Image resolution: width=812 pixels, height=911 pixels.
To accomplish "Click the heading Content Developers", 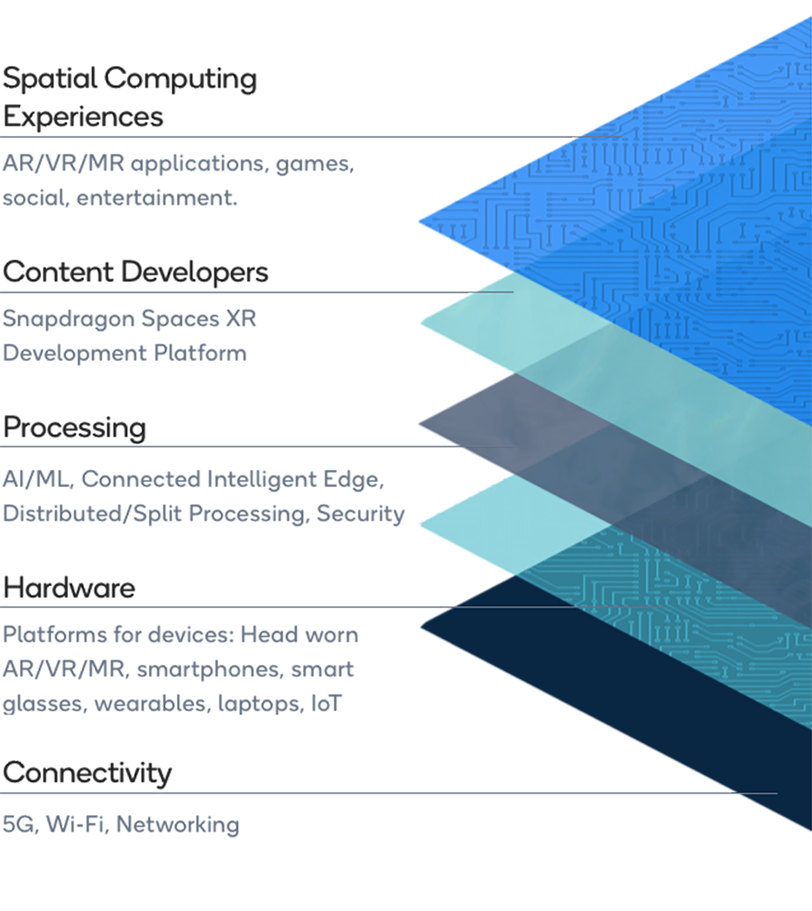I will tap(135, 271).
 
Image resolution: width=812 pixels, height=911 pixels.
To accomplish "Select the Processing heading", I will tap(74, 427).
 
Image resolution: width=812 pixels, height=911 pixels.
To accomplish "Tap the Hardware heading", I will tap(69, 588).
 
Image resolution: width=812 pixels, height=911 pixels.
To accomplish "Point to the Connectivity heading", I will tap(87, 773).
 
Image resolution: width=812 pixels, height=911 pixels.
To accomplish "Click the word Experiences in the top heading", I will tap(83, 117).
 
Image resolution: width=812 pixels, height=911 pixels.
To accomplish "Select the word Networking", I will tap(178, 824).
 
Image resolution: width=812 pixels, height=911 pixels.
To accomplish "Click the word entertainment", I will tap(157, 198).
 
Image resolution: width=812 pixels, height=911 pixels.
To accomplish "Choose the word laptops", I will tap(259, 704).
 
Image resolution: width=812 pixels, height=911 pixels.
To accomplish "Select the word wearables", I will tap(151, 704).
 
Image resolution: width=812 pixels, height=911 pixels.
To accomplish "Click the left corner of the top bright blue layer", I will tap(422, 221).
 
